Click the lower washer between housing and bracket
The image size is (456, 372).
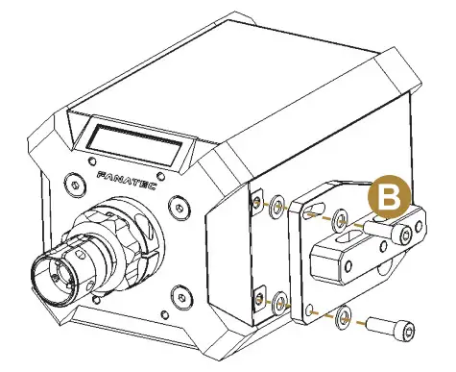tap(277, 306)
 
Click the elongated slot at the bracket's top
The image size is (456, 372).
tap(314, 207)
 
